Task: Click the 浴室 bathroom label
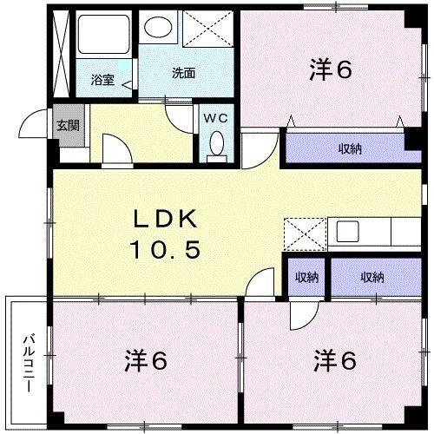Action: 102,80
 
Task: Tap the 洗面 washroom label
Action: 182,73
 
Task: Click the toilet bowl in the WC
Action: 215,145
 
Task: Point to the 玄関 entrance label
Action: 68,124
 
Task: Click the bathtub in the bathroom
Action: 103,39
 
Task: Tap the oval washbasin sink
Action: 159,28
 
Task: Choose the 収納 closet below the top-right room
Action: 350,149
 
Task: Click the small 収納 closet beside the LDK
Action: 306,278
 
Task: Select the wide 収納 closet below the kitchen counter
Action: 372,278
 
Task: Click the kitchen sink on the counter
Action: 348,233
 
